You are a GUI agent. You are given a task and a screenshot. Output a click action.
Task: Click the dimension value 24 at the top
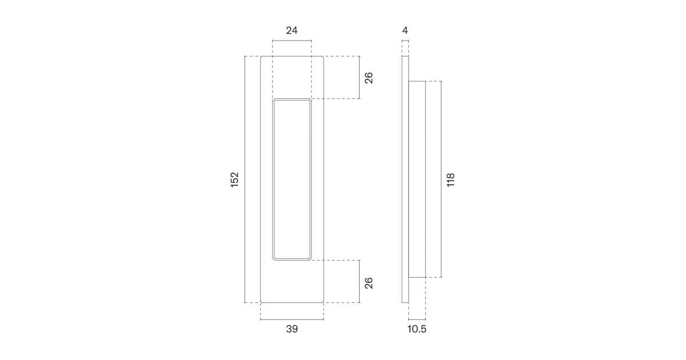click(x=292, y=31)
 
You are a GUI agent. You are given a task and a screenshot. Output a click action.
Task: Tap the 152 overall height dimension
click(x=234, y=179)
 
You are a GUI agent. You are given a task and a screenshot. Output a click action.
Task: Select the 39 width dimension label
click(x=292, y=329)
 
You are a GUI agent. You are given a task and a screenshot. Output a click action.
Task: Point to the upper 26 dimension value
click(x=369, y=78)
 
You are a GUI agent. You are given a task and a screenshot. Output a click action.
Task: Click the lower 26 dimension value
click(x=369, y=283)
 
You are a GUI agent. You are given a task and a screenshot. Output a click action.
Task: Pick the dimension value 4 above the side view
click(x=405, y=31)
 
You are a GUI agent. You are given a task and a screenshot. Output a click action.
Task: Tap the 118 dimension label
click(x=450, y=179)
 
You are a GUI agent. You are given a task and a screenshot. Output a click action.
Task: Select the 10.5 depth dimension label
click(x=417, y=329)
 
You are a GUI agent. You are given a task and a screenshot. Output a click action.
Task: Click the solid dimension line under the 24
click(x=292, y=40)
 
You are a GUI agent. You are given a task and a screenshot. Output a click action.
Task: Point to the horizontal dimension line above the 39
click(x=292, y=319)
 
